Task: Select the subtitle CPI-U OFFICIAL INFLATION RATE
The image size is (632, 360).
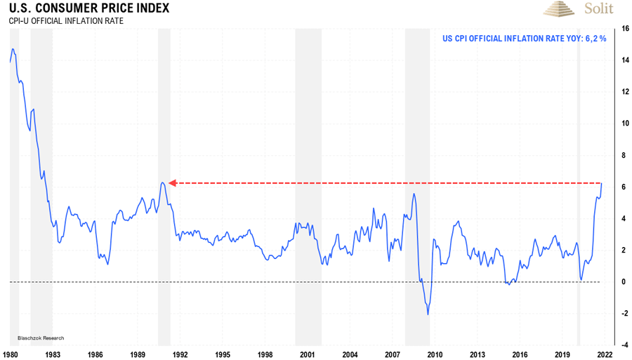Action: point(66,21)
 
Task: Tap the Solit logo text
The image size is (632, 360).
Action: point(598,8)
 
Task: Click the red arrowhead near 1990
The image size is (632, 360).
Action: point(171,183)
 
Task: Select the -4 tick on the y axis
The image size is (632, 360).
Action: point(623,345)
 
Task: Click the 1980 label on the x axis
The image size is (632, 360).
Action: point(11,354)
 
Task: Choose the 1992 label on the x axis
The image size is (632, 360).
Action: point(180,354)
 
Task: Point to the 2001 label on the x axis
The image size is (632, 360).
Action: point(307,354)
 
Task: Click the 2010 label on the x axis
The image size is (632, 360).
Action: point(435,354)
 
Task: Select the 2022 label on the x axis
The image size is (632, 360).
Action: point(605,354)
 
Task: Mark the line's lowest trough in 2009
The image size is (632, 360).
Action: point(428,314)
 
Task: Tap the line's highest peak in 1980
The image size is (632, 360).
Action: point(13,50)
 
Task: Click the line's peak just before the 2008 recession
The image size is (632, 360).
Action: point(414,194)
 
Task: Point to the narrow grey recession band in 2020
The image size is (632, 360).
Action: point(579,175)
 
